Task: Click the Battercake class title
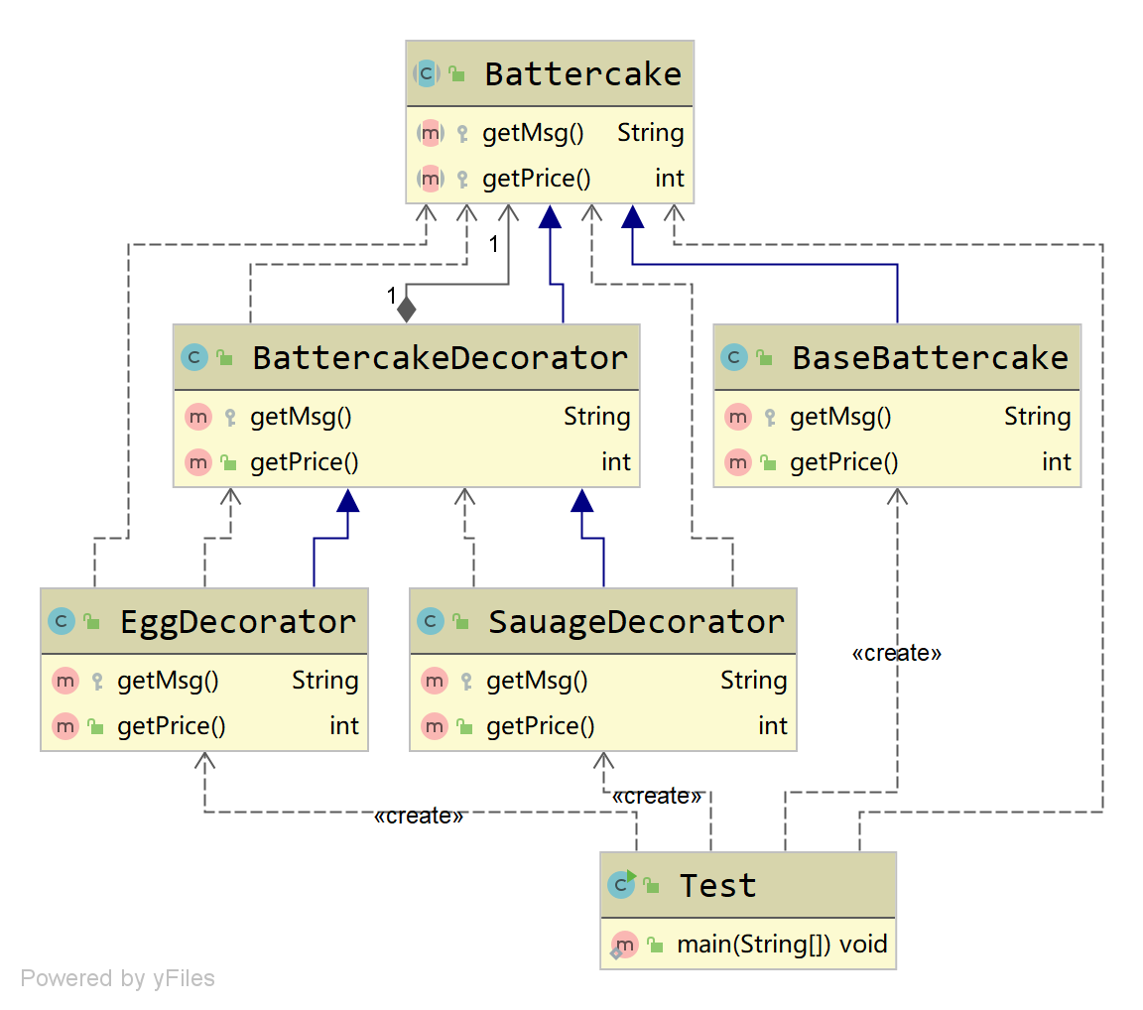583,74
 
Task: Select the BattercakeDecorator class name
440,358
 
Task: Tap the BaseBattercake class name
930,358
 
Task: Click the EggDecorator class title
238,622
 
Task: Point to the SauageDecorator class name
636,622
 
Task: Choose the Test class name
718,886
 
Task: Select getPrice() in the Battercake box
537,179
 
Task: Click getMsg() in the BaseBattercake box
840,417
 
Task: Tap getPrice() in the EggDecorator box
172,726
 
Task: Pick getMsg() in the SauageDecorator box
537,681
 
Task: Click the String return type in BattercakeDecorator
597,417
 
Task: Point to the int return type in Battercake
669,179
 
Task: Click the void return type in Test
863,945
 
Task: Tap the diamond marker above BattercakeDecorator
407,310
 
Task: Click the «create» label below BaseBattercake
897,653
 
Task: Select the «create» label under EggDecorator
419,816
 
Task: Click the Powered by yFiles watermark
117,978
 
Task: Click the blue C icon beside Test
622,885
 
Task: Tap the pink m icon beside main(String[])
624,946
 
